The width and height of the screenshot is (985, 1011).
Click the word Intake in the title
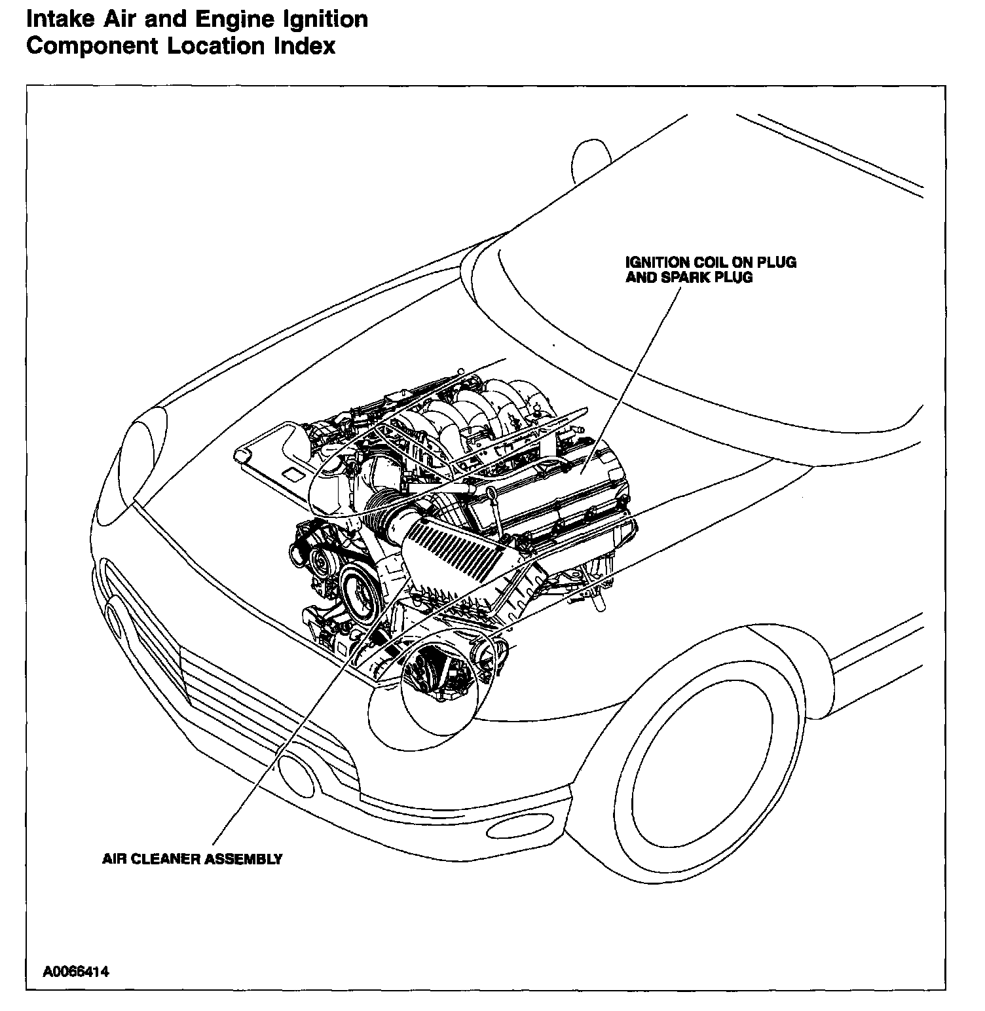coord(60,20)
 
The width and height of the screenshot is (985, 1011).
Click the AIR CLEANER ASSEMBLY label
coord(192,859)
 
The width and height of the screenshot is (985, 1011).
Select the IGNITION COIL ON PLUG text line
coord(711,263)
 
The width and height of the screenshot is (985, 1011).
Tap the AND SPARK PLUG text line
coord(689,278)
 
